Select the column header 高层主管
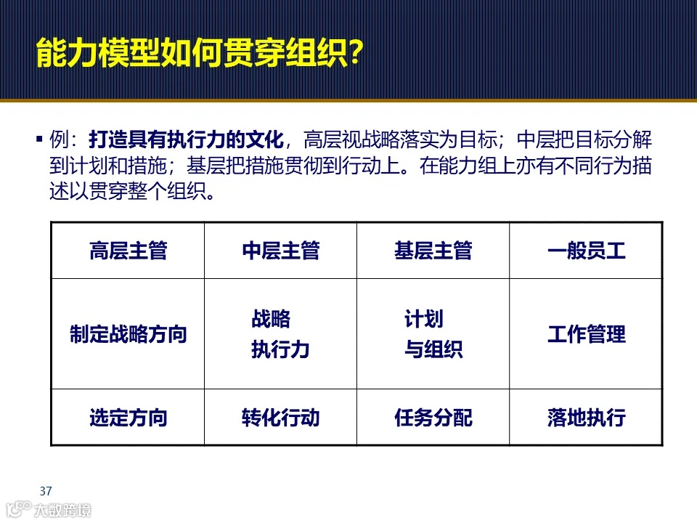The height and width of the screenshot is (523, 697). [x=128, y=251]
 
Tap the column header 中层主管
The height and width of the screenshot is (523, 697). [x=280, y=251]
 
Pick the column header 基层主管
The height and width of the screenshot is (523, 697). [x=433, y=251]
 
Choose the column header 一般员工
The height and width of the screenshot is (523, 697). [x=586, y=251]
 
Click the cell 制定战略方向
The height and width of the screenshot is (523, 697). [x=128, y=334]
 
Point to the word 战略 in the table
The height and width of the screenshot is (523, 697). [x=271, y=319]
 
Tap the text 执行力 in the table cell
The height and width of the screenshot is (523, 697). [x=280, y=349]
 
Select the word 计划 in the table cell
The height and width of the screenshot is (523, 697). [x=423, y=319]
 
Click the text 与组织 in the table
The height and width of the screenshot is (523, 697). [x=433, y=349]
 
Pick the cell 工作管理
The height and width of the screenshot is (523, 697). [x=586, y=334]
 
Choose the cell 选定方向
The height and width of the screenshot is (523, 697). [x=128, y=418]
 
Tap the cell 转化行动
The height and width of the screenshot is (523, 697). [x=280, y=418]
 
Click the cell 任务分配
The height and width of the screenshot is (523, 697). [x=433, y=418]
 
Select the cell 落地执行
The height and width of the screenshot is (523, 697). [x=586, y=418]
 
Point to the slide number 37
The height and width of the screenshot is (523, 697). [x=46, y=490]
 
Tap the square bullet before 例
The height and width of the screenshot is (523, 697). [x=38, y=139]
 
